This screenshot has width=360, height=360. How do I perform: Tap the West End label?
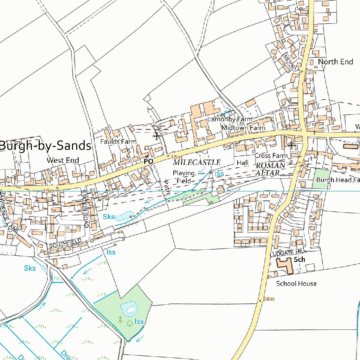coord(63,160)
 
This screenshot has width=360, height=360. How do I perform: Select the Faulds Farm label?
coord(118,142)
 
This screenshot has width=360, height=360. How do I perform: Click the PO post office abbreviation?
coord(149,161)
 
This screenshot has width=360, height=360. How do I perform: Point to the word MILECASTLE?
coord(197,163)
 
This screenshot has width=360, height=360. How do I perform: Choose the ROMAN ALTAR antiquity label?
coord(270,169)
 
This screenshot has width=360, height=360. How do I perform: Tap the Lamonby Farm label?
coord(230,119)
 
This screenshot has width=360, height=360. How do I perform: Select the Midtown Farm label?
coord(243,128)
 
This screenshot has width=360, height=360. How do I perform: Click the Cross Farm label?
coord(271,155)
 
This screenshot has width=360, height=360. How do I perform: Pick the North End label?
coord(335,62)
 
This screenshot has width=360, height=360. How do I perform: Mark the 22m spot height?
coord(310,72)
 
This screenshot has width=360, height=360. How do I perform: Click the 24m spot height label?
coord(268,299)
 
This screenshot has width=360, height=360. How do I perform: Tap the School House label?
coord(296,283)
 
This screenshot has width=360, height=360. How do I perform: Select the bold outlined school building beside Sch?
coord(284,265)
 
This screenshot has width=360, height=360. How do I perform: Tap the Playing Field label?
coord(183,177)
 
